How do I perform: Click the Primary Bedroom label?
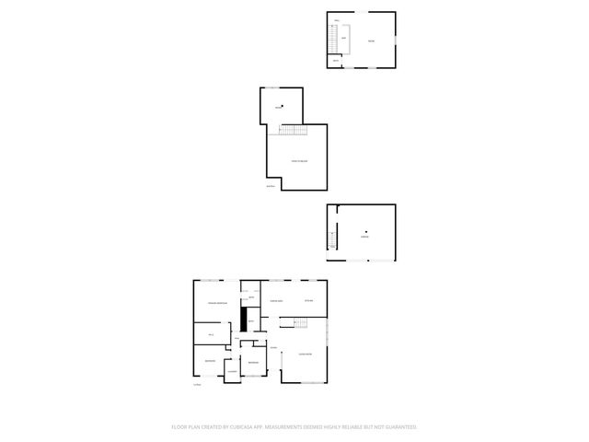click(x=217, y=304)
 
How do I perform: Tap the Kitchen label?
click(x=309, y=301)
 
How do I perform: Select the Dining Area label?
click(x=276, y=301)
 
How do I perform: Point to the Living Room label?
click(x=305, y=354)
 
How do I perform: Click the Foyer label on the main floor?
click(x=273, y=347)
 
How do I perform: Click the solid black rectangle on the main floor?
click(x=244, y=320)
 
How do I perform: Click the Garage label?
click(x=364, y=237)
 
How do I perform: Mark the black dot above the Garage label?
click(x=365, y=231)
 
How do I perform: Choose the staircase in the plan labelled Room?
click(x=333, y=40)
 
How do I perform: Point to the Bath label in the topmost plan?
click(x=336, y=61)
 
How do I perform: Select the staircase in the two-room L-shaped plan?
click(x=292, y=129)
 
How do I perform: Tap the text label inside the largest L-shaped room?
click(x=299, y=161)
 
